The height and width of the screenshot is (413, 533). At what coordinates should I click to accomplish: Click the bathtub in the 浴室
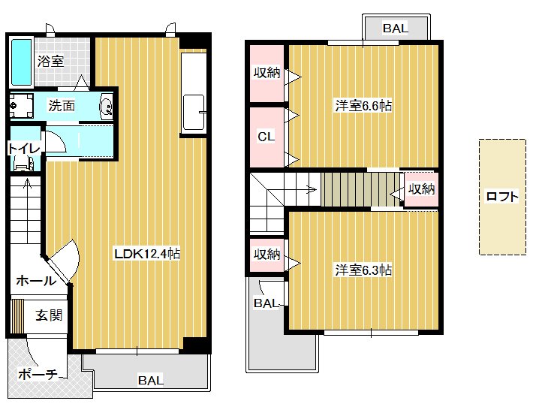tap(22, 62)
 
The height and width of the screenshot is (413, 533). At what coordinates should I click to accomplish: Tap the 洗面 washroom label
tap(62, 106)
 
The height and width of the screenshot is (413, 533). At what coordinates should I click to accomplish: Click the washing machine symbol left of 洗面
tap(22, 105)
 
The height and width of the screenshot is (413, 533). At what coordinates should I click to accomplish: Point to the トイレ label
tap(24, 149)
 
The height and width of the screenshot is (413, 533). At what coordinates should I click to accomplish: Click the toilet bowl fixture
tap(23, 164)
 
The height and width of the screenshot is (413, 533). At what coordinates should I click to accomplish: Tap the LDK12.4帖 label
tap(147, 254)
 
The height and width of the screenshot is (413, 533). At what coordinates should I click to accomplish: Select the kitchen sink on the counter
tap(194, 113)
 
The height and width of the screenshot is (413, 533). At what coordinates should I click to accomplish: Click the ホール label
tap(36, 281)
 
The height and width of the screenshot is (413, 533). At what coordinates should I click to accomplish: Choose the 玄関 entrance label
tap(49, 315)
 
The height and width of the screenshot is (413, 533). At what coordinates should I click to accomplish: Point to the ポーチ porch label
tap(38, 375)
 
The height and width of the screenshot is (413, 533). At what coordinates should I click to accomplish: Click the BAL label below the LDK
tap(151, 380)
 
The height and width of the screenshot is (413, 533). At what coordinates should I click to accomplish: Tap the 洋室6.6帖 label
tap(363, 106)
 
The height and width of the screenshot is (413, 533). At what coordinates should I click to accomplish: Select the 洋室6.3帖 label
tap(363, 270)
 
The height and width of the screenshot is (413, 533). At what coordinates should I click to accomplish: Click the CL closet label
tap(266, 137)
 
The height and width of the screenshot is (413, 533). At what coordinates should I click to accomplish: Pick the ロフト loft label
tap(502, 197)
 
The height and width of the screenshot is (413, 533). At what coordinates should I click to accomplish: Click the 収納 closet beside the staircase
tap(421, 189)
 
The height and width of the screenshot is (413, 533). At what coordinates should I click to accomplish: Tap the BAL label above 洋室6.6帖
tap(396, 29)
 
